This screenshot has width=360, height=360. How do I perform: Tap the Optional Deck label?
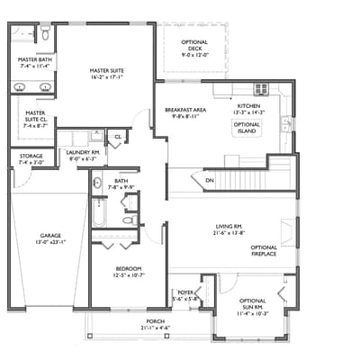[x=194, y=46]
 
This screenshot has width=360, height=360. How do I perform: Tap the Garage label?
[x=49, y=239]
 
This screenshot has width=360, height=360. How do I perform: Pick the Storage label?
[x=31, y=158]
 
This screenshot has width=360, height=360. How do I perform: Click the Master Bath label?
[x=34, y=62]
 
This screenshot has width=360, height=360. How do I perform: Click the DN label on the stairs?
[x=209, y=181]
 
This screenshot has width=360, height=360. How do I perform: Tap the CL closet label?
[x=118, y=137]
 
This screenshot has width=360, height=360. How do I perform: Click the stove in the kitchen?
[x=261, y=88]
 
